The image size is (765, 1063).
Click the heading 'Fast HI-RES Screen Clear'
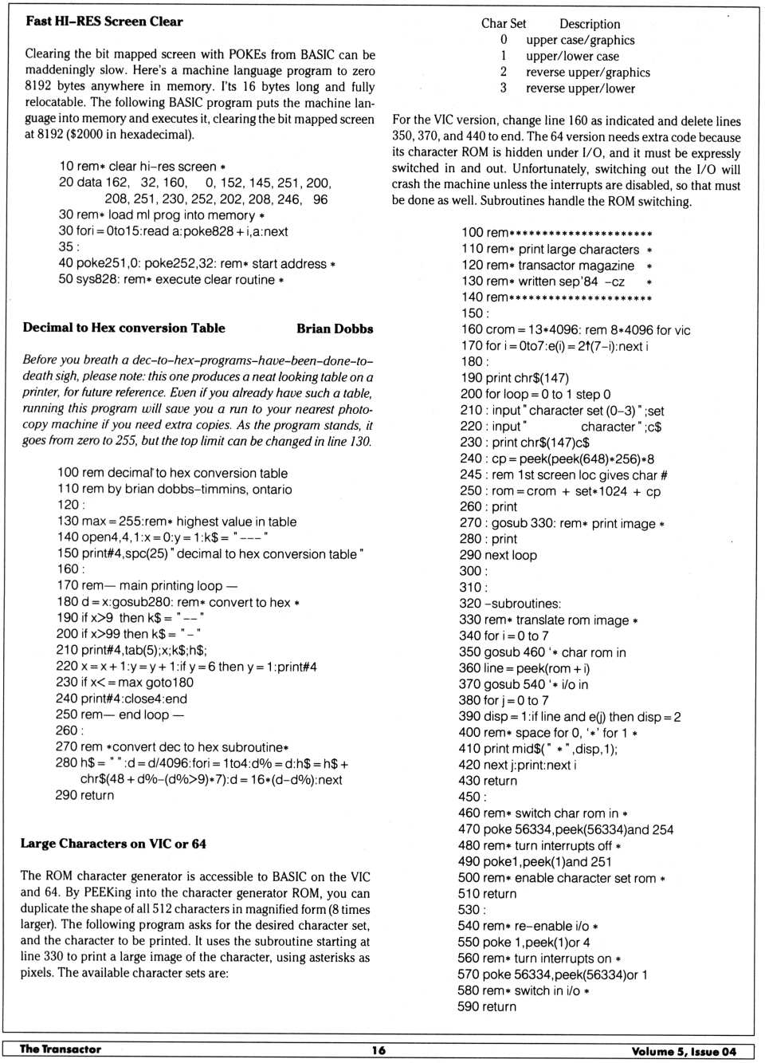pyautogui.click(x=104, y=22)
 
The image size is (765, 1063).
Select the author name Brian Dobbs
pyautogui.click(x=334, y=329)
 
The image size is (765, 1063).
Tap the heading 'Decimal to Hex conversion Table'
pyautogui.click(x=124, y=328)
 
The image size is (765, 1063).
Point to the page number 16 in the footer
pyautogui.click(x=379, y=1050)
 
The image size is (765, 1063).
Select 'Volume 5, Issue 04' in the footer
pyautogui.click(x=683, y=1051)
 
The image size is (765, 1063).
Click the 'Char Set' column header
pyautogui.click(x=503, y=24)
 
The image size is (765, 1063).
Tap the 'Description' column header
pyautogui.click(x=589, y=24)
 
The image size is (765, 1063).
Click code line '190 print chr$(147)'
pyautogui.click(x=514, y=378)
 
